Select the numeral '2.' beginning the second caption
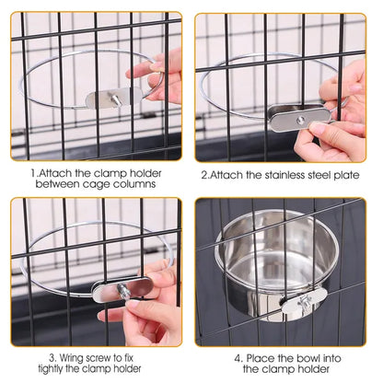[x=205, y=171]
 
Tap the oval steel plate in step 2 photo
[x=298, y=117]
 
